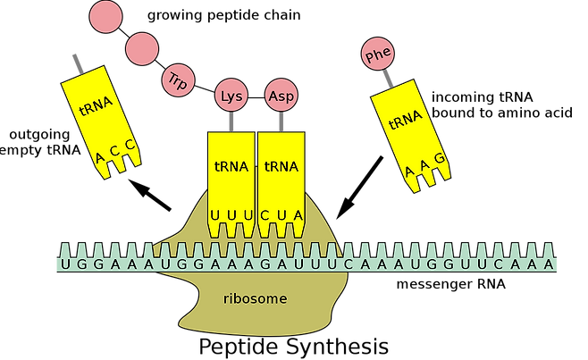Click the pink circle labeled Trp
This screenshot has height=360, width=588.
[x=175, y=80]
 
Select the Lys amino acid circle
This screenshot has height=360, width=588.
[x=231, y=95]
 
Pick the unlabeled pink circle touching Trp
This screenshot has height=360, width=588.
[x=142, y=49]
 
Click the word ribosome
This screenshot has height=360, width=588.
[x=255, y=298]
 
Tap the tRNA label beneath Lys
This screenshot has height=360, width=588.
[x=231, y=166]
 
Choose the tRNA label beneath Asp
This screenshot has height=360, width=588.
[x=281, y=166]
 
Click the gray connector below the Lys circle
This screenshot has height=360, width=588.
[x=231, y=121]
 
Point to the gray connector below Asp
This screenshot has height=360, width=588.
[x=281, y=121]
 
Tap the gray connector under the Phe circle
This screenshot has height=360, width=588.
[x=387, y=79]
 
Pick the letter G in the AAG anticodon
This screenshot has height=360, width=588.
[x=439, y=157]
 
